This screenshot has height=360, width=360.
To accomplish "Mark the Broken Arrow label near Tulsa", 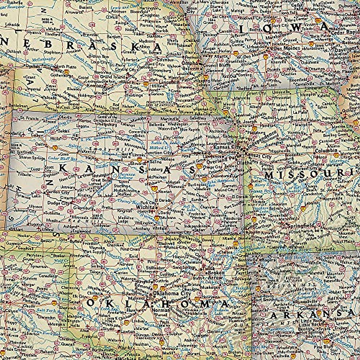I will [x=215, y=275].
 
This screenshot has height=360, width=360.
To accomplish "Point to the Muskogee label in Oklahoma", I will [x=215, y=286].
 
